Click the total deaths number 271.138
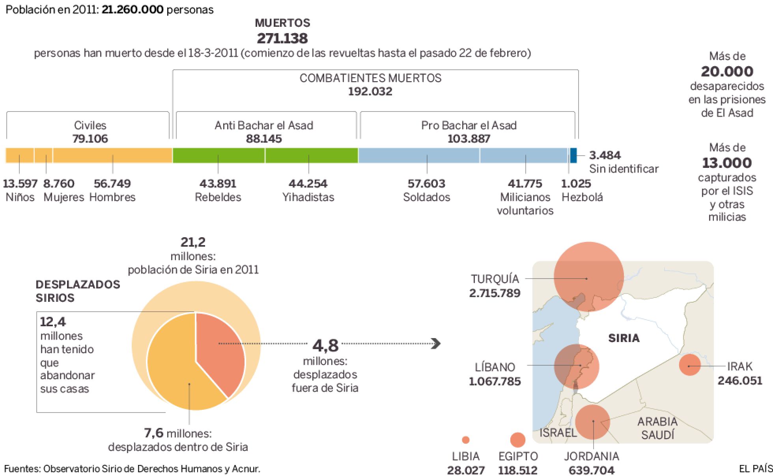pos(282,38)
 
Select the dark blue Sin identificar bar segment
pos(573,155)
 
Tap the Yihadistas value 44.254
pos(308,184)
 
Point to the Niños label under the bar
pos(20,197)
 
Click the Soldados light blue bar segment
pos(419,155)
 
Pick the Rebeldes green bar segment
pos(218,155)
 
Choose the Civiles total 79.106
pos(90,139)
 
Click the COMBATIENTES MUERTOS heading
pos(370,78)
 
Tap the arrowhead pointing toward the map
pos(436,344)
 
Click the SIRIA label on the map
pos(624,338)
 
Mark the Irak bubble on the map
pos(690,365)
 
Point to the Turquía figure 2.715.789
pos(495,293)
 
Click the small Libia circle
pos(465,440)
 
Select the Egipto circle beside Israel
pos(517,440)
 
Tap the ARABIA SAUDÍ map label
pos(657,428)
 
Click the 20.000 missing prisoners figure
pos(727,71)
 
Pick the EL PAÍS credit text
pos(755,469)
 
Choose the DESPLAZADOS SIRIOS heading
pos(78,291)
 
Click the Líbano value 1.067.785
pos(495,381)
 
